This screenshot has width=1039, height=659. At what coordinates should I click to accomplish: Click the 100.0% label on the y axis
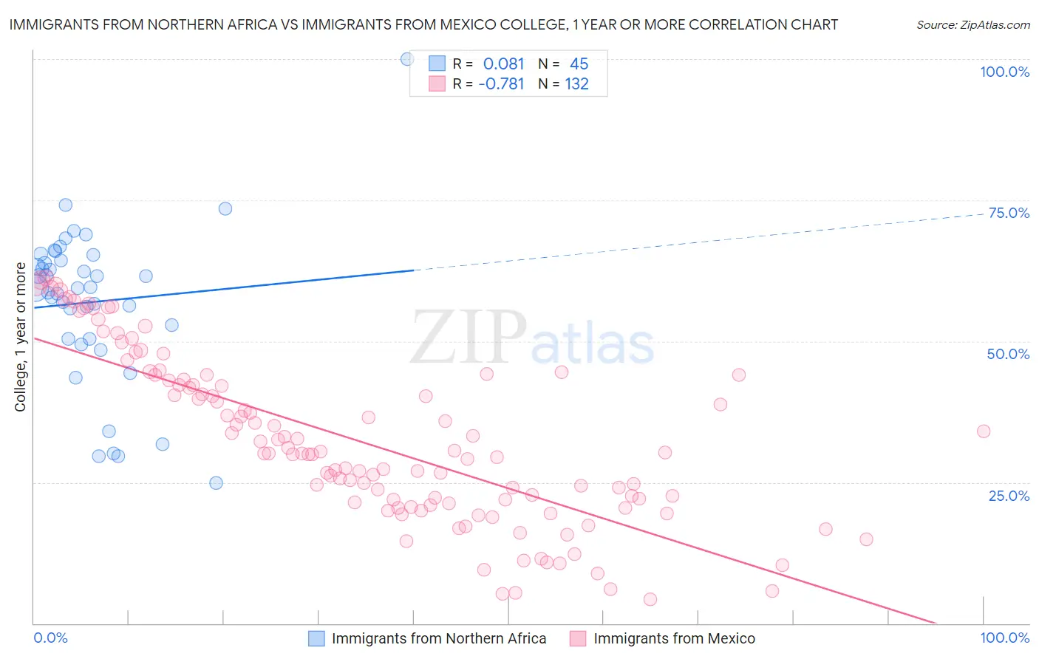1004,72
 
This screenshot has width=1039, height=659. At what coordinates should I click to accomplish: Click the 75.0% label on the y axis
1009,213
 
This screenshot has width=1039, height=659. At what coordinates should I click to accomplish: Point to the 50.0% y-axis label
1008,354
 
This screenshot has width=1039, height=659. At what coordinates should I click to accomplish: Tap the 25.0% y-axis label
1009,495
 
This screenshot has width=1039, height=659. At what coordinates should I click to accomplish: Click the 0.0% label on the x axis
50,638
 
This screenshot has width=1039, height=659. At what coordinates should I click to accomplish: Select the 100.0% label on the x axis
1004,638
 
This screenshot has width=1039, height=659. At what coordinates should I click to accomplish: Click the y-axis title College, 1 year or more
20,337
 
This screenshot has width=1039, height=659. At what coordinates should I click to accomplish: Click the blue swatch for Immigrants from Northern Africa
316,638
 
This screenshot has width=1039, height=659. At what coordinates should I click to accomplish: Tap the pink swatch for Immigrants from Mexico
578,638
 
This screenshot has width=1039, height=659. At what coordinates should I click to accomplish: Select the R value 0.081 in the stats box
503,64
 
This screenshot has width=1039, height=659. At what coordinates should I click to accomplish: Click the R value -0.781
501,83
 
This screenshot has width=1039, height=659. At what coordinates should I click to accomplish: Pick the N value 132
576,83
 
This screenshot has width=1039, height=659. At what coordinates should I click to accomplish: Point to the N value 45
579,64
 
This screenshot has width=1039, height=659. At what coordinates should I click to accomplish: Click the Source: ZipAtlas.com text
972,25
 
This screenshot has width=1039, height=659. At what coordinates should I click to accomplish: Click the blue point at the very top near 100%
406,59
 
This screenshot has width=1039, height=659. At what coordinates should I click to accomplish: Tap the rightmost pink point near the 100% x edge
983,431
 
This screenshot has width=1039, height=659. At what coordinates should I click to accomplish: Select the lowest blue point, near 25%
216,483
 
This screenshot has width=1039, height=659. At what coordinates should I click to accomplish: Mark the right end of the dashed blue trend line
984,214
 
